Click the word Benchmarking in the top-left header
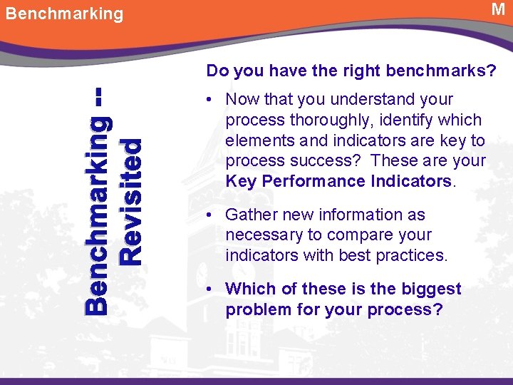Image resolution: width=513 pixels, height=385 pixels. (x=64, y=14)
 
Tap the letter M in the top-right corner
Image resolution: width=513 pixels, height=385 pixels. (x=498, y=9)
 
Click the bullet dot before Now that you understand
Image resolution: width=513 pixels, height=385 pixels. (x=212, y=100)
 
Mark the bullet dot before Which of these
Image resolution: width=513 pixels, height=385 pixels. (x=212, y=289)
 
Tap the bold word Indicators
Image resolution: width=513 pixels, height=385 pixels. (x=411, y=181)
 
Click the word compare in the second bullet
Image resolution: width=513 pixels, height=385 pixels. (x=363, y=235)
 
